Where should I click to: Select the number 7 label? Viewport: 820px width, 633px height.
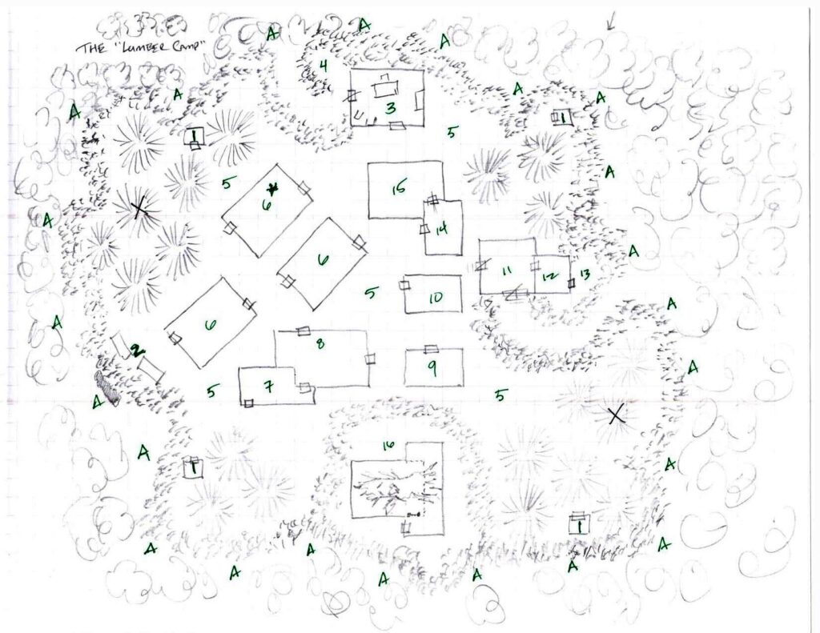(270, 388)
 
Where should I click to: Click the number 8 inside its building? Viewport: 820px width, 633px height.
(320, 344)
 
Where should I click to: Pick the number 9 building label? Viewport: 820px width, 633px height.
(432, 370)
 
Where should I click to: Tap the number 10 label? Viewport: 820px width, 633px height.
(435, 298)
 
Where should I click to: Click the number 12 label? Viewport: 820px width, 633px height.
(549, 276)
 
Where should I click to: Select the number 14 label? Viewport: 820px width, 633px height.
(441, 229)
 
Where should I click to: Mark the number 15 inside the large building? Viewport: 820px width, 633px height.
(399, 189)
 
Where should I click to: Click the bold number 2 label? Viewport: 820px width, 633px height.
(137, 350)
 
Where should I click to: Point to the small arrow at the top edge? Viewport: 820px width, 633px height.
(610, 23)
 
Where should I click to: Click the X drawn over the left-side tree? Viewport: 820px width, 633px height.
(139, 210)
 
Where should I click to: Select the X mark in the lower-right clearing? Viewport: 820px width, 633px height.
(615, 415)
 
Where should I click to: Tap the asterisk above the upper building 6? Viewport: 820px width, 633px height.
(272, 189)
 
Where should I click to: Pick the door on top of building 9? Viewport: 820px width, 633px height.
(431, 348)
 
